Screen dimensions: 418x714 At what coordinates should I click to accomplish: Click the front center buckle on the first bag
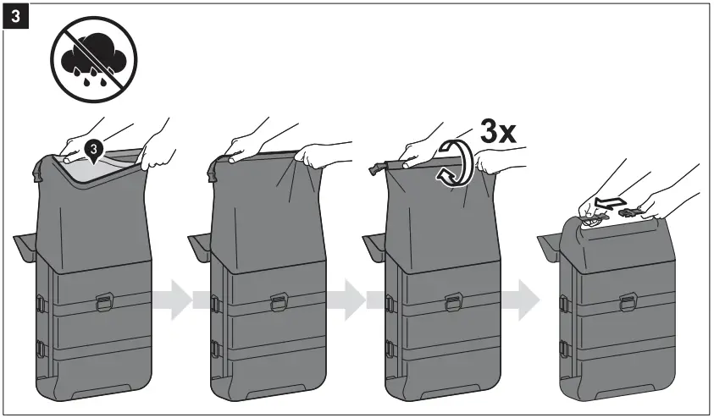pos(103,299)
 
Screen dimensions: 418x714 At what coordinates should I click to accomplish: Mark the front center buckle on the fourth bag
pos(627,302)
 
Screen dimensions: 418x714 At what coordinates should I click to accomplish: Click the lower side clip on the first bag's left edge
pos(40,346)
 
